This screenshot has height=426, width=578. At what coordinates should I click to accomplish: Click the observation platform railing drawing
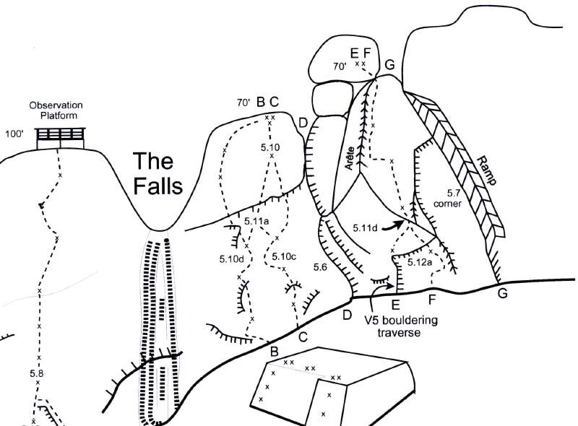[61, 135]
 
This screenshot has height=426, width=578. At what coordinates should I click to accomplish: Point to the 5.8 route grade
[38, 373]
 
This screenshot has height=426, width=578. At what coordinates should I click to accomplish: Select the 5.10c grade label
[283, 256]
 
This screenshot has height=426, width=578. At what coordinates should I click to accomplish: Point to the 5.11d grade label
[366, 228]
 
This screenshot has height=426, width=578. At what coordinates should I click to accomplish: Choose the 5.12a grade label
[420, 263]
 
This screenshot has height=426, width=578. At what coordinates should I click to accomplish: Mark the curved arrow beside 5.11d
[392, 226]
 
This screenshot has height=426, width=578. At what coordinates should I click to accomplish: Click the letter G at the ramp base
[502, 293]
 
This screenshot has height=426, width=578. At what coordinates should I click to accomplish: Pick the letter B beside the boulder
[275, 351]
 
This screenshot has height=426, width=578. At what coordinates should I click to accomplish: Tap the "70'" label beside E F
[340, 66]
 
